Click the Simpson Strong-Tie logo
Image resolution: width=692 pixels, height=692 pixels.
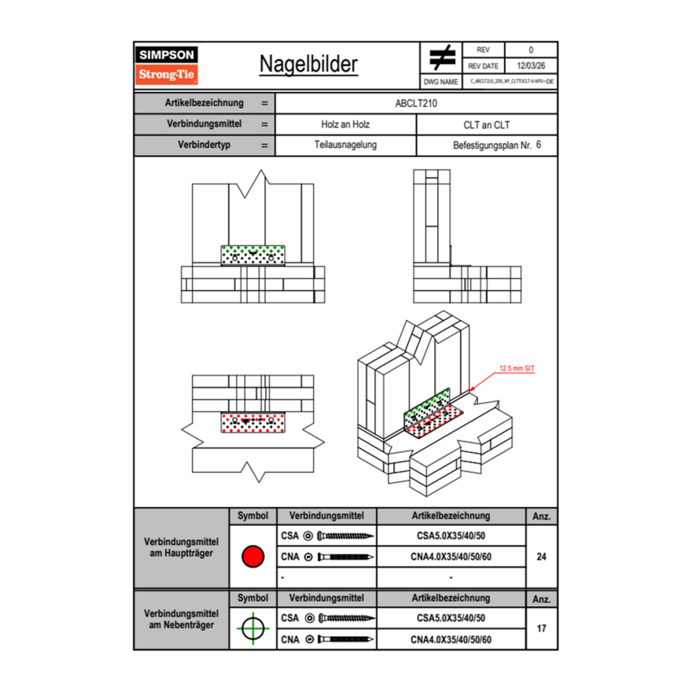(167, 65)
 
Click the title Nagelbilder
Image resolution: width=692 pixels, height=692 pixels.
(308, 64)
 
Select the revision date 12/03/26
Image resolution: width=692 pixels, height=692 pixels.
(530, 66)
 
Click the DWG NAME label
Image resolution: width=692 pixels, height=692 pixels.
(440, 82)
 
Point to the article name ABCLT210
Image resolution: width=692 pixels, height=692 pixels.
(416, 103)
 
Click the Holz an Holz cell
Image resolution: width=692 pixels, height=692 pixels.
(345, 124)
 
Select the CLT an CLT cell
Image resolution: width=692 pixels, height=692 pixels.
(487, 124)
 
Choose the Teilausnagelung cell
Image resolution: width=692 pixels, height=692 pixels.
(345, 145)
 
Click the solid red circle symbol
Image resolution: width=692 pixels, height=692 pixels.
(252, 557)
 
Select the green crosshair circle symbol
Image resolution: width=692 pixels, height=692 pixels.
(252, 629)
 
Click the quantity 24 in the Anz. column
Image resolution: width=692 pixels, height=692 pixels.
(541, 557)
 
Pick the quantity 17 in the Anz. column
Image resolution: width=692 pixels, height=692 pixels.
(541, 629)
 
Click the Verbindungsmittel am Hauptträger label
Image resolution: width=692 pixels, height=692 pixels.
(181, 548)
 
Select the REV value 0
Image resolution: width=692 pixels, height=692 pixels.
(530, 50)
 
